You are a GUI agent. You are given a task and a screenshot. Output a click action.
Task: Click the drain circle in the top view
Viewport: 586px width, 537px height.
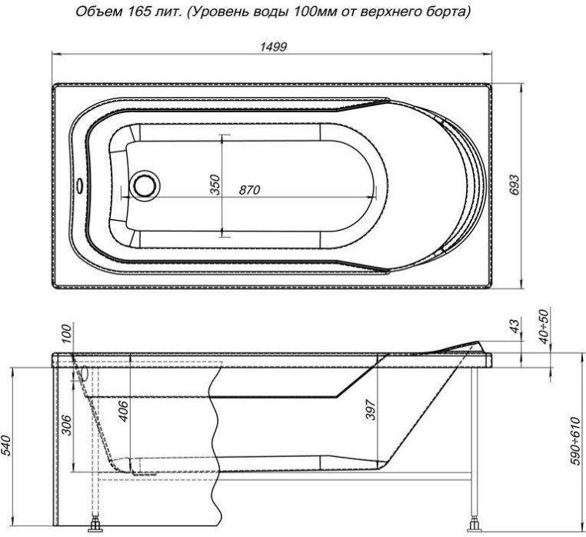tap(143, 185)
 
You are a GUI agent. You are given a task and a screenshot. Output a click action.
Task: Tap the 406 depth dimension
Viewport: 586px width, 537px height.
tap(124, 412)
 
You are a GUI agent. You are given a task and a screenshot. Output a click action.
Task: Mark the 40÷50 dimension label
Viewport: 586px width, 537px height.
tap(548, 326)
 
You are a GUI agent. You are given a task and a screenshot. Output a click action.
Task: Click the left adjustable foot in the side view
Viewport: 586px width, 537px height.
tap(97, 527)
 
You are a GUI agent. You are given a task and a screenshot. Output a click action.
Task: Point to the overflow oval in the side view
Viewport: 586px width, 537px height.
tap(83, 373)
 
